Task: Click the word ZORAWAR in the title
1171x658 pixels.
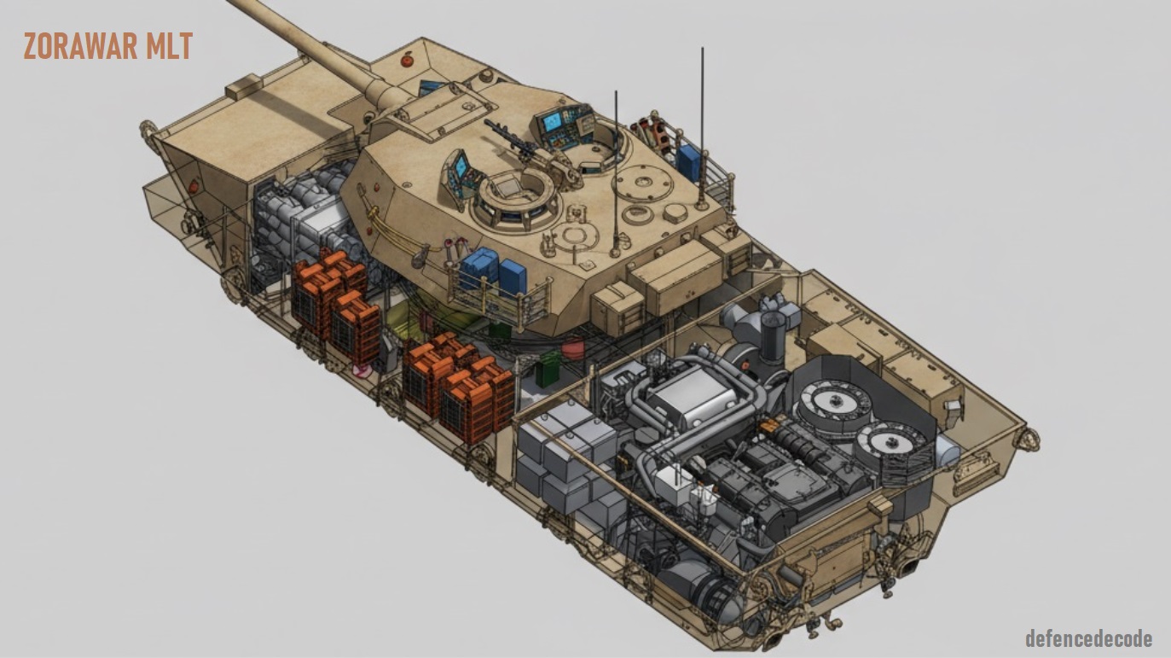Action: click(80, 46)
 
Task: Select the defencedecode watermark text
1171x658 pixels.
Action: click(1089, 638)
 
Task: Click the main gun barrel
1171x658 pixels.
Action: click(314, 49)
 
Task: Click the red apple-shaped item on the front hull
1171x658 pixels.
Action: click(407, 60)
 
